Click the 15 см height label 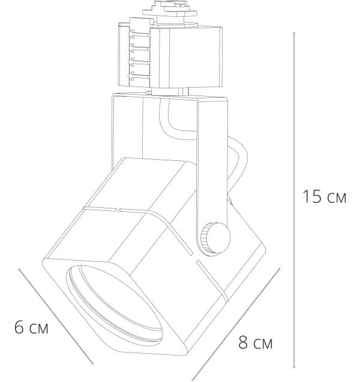click(x=325, y=196)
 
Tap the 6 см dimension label click(x=31, y=328)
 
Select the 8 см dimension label click(x=255, y=343)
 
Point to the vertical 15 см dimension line click(x=294, y=198)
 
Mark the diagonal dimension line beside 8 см click(x=237, y=324)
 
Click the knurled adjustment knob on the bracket click(x=214, y=237)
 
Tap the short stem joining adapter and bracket click(x=170, y=91)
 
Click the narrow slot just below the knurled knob click(x=196, y=264)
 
